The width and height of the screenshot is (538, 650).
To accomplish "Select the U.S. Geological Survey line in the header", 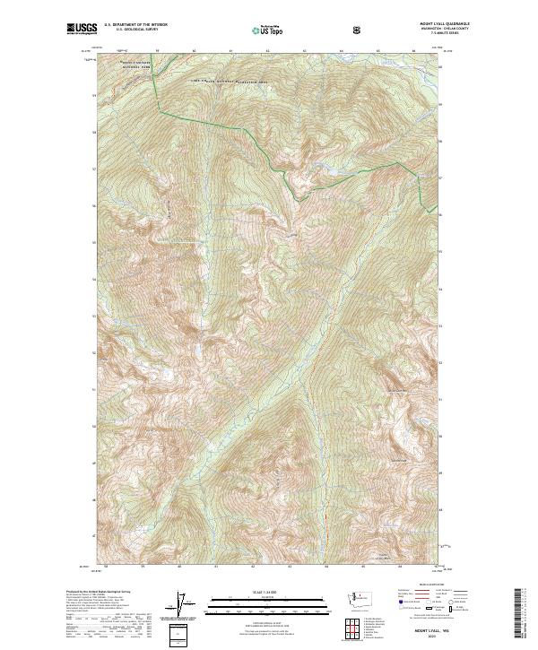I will pos(130,30).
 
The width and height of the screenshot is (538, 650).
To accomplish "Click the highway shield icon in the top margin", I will pos(358,30).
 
